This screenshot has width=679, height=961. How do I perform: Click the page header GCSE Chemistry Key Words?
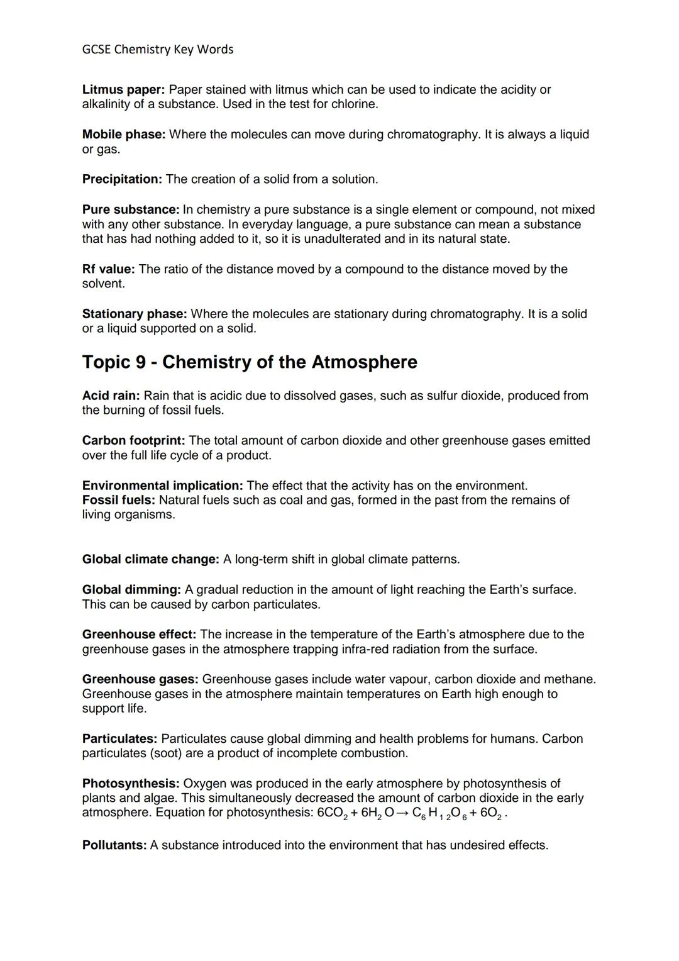(157, 49)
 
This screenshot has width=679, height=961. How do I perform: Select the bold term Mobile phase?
(123, 135)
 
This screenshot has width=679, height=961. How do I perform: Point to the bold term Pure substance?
(131, 209)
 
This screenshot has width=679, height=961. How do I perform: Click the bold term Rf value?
(108, 269)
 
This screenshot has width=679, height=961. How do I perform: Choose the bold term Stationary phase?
(134, 314)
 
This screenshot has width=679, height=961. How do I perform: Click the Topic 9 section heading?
(250, 362)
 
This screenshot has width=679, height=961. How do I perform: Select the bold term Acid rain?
(111, 396)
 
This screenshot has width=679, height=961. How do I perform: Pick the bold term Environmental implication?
(162, 486)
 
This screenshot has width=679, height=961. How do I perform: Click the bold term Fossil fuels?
(119, 500)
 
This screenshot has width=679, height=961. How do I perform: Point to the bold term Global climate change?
(150, 559)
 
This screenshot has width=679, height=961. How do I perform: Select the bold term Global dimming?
(131, 590)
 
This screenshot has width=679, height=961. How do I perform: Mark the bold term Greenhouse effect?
(139, 635)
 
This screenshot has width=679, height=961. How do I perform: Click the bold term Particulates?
(119, 739)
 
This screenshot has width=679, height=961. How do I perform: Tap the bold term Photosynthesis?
(131, 784)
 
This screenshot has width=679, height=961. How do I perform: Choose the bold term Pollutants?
(114, 845)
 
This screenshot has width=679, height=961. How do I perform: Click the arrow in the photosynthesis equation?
(403, 813)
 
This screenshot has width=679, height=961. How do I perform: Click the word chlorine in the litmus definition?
(354, 104)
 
